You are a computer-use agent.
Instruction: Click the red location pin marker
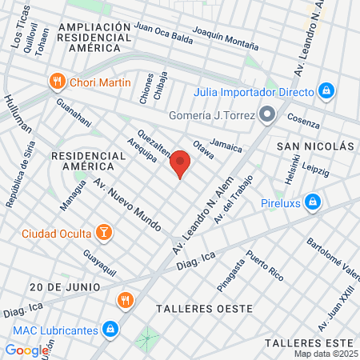[x=181, y=164]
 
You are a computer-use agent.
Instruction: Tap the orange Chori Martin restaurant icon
[x=57, y=81]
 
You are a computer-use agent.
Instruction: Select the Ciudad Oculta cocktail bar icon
[x=103, y=233]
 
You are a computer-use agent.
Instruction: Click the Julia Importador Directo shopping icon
[x=326, y=90]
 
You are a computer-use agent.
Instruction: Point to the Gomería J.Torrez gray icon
[x=268, y=114]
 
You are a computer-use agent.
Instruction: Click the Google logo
[x=27, y=350]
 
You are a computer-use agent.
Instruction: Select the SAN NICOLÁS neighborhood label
[x=315, y=147]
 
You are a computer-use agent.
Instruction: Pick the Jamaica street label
[x=226, y=147]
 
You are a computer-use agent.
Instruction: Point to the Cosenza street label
[x=302, y=123]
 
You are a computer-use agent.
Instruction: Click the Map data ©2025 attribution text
[x=326, y=354]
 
